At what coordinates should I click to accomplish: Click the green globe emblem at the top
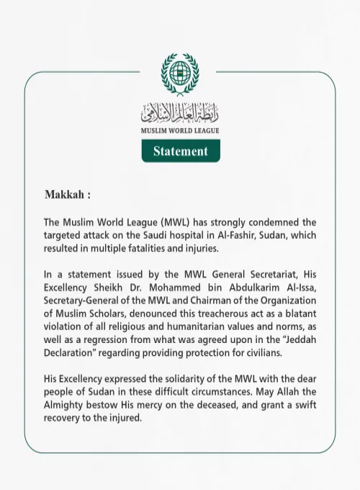click(179, 73)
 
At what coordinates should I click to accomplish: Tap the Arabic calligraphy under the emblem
click(179, 112)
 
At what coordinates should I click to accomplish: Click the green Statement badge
click(180, 151)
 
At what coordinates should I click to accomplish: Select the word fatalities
click(157, 248)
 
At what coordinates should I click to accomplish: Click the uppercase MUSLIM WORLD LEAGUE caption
click(179, 131)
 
